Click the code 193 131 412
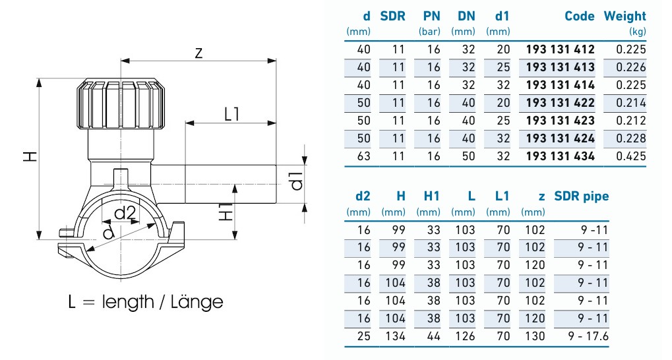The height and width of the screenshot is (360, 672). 560,49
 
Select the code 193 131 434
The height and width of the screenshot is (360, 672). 560,156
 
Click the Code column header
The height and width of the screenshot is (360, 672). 579,16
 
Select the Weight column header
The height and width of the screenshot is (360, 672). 625,16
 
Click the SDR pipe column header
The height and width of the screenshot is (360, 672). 581,196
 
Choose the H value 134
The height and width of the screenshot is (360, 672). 394,336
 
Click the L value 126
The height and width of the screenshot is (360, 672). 464,336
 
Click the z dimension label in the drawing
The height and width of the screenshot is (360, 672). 198,53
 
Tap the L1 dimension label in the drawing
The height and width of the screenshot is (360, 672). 231,113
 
